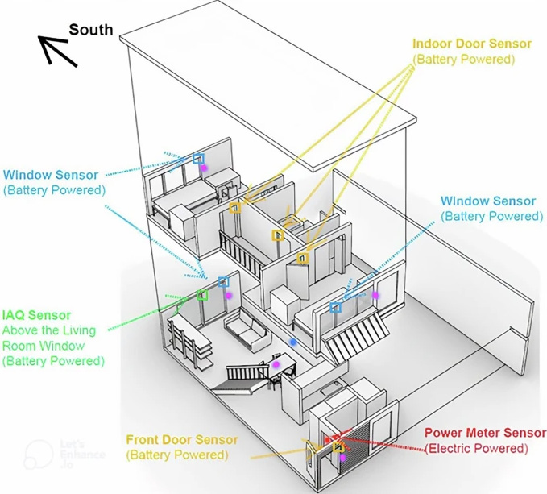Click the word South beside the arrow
(91, 30)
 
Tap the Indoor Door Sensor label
(472, 44)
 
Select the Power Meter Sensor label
(485, 433)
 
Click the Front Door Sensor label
(182, 439)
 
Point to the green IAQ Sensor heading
(36, 315)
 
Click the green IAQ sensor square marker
(202, 295)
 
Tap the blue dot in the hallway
(293, 342)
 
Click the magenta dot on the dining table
(276, 364)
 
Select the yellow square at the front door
(338, 447)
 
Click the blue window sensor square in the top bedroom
(198, 159)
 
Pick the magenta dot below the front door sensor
(342, 457)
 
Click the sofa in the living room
(246, 331)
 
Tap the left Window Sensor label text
(51, 175)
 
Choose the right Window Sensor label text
(488, 201)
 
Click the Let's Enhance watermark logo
(39, 455)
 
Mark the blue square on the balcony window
(336, 307)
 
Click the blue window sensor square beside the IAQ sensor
(223, 281)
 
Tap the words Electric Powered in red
(477, 448)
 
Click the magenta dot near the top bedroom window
(204, 168)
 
